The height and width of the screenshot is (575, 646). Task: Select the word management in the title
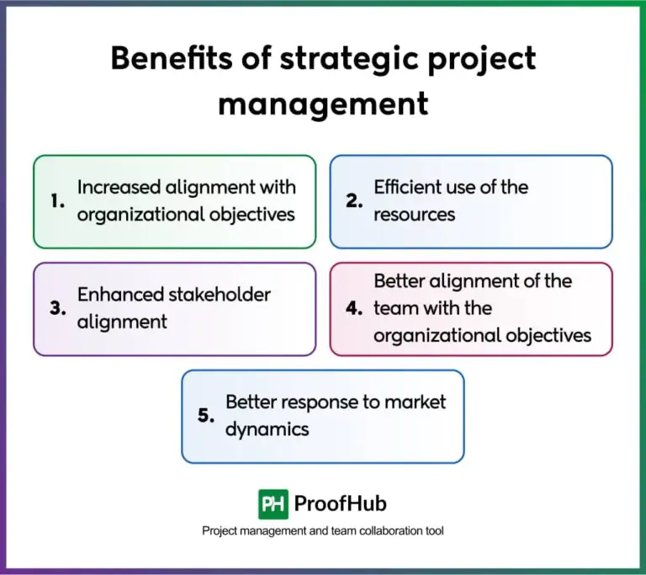tap(323, 104)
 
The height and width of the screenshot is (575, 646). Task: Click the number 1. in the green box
tap(57, 201)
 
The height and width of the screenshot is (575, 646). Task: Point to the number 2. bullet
tap(354, 201)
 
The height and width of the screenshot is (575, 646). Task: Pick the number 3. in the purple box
tap(57, 308)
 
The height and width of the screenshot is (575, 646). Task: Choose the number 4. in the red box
tap(354, 308)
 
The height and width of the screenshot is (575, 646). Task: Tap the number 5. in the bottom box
tap(207, 416)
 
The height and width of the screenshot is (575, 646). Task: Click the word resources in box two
tap(414, 215)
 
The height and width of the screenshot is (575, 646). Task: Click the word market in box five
tap(415, 402)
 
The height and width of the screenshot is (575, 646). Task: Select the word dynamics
tap(267, 429)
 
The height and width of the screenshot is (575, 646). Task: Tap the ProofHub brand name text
tap(341, 504)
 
